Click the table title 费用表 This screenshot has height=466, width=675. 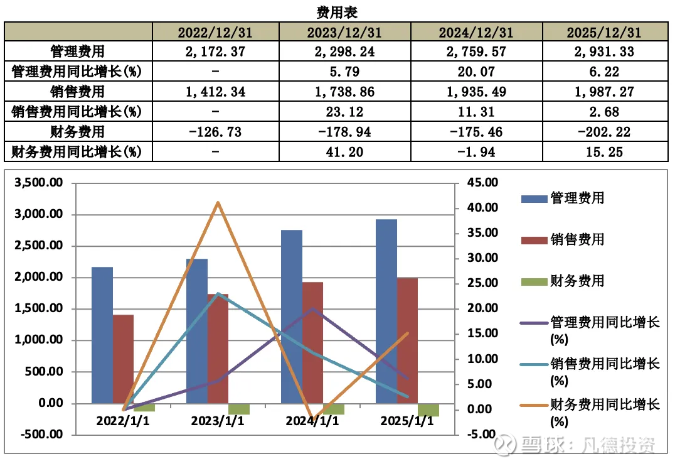[337, 11]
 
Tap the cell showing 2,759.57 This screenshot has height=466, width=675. [476, 52]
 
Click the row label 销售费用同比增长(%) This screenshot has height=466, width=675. [77, 111]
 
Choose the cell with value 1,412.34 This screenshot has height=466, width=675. [215, 92]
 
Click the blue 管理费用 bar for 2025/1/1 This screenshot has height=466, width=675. [386, 311]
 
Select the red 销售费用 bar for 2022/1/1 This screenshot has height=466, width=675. [123, 359]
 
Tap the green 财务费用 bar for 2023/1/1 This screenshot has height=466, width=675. [239, 409]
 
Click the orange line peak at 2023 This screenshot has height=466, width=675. [218, 202]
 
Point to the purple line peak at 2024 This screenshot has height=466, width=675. [312, 308]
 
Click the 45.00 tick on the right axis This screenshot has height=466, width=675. [480, 183]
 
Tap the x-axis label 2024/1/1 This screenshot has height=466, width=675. [312, 421]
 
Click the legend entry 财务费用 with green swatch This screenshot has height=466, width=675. [577, 281]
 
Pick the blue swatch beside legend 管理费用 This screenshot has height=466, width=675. [533, 199]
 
